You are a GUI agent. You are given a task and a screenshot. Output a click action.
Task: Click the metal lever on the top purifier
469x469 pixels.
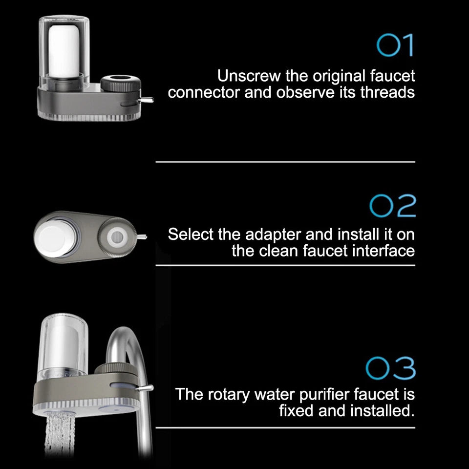click(147, 100)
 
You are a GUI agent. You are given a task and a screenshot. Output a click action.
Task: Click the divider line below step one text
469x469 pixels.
click(285, 162)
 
